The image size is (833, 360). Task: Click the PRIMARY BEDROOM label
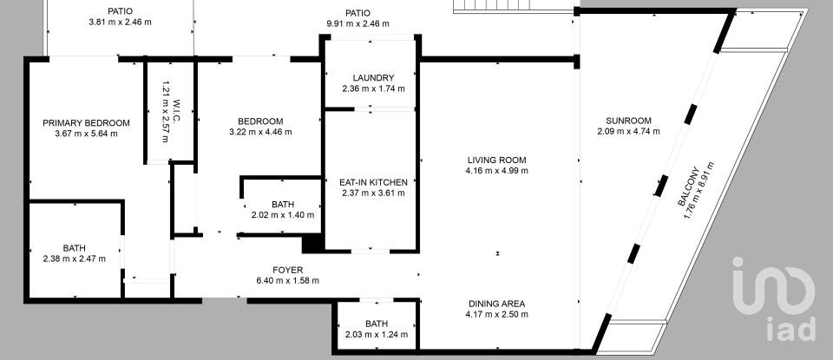86,122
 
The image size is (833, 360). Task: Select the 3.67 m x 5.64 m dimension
86,133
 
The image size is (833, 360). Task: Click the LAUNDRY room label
373,77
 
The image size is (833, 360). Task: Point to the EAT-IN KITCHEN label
373,182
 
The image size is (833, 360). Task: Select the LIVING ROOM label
496,160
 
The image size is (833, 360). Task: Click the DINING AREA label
496,304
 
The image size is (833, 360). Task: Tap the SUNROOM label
629,121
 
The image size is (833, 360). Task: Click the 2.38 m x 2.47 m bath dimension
74,259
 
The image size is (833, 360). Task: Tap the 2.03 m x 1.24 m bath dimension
376,334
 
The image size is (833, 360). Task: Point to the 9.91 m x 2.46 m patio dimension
357,23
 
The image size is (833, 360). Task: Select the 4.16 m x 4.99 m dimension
496,170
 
